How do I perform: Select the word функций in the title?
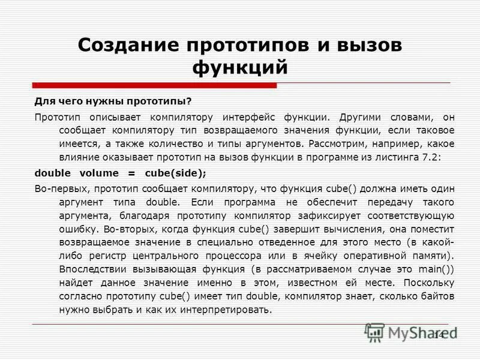(240, 67)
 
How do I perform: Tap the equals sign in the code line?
(131, 173)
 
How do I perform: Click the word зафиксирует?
(313, 215)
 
